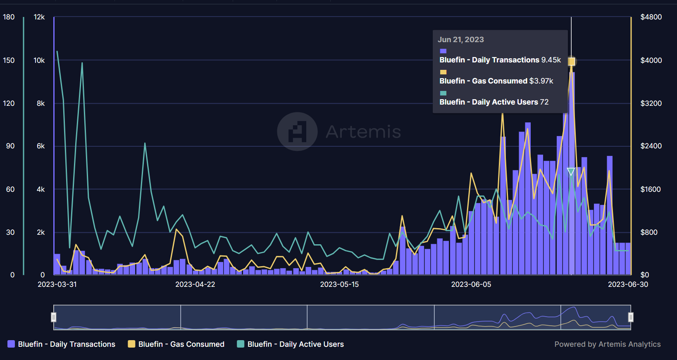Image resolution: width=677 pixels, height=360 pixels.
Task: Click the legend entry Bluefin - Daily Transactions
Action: (x=62, y=344)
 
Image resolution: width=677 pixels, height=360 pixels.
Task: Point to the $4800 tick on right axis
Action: (x=651, y=17)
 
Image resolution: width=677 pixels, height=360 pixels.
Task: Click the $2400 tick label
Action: (x=651, y=146)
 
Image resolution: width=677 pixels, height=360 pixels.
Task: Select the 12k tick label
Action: (x=39, y=17)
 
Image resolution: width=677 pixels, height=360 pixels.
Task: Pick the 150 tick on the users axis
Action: (x=9, y=60)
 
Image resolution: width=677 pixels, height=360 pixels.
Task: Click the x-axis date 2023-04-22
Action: (x=195, y=284)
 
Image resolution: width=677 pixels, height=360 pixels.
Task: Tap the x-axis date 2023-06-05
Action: (x=471, y=284)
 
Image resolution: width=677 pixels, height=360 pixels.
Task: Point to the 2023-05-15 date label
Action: (x=339, y=284)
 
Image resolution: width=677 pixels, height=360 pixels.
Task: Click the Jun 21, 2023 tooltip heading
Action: (x=461, y=40)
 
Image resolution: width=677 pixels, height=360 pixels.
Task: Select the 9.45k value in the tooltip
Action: (x=551, y=60)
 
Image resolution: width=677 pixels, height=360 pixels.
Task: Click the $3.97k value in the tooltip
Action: (x=541, y=81)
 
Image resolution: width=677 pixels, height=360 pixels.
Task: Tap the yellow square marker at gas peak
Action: (x=571, y=62)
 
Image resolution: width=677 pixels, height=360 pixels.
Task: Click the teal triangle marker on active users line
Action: (x=571, y=172)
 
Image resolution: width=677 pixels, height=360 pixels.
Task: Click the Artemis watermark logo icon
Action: (x=297, y=131)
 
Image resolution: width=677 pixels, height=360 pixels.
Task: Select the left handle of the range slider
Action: (x=54, y=317)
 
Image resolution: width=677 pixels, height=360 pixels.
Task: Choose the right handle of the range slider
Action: (x=631, y=317)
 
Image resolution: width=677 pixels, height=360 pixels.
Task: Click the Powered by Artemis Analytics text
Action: (x=607, y=344)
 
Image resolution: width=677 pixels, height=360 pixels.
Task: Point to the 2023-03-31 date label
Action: (x=57, y=284)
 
